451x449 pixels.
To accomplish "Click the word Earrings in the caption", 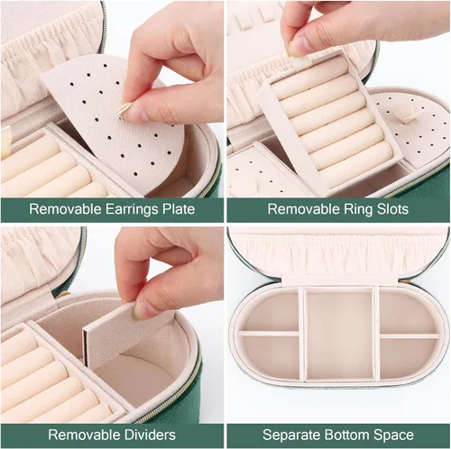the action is click(132, 209).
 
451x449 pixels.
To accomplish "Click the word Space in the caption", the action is click(393, 435).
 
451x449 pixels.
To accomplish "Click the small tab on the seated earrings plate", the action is click(409, 116).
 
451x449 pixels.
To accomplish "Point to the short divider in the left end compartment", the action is click(269, 334).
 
